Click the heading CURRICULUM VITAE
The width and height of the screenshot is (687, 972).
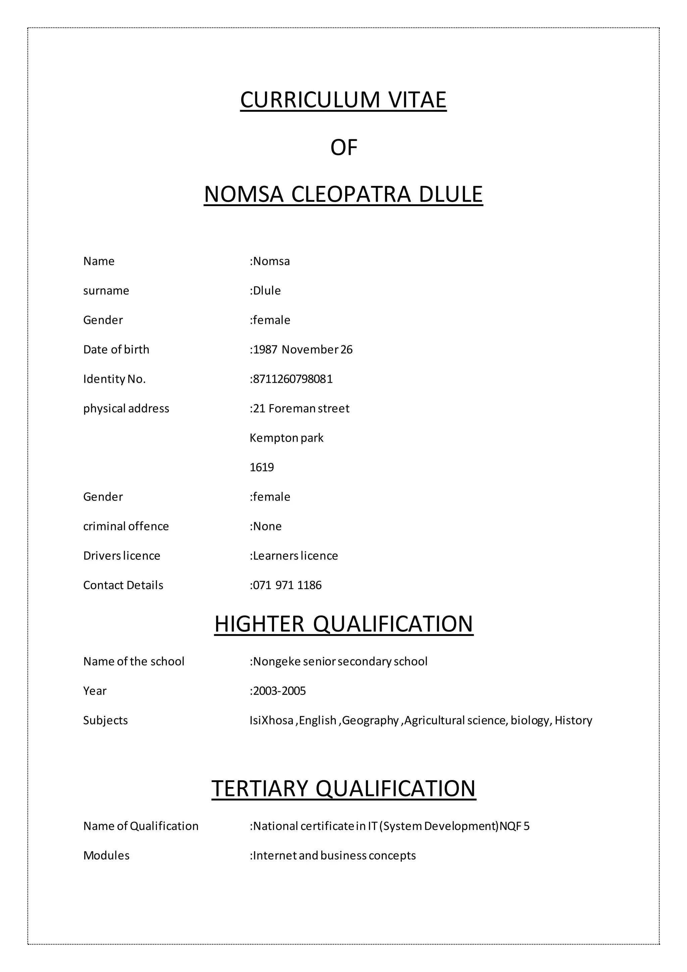(x=343, y=100)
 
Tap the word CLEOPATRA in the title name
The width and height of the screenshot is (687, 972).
(x=351, y=194)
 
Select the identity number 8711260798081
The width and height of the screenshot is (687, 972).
(x=293, y=379)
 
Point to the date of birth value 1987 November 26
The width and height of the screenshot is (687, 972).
(x=303, y=350)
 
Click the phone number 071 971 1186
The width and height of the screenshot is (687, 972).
(x=287, y=585)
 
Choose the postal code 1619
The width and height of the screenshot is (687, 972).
(x=262, y=468)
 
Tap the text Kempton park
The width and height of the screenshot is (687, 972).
(x=286, y=438)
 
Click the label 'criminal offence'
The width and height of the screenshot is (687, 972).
(x=126, y=526)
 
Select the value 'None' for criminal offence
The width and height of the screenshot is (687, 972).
(x=267, y=526)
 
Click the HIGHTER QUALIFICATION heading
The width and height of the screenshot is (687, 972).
(x=343, y=624)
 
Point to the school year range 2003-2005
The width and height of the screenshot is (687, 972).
(x=279, y=691)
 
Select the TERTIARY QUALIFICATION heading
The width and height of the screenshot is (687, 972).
(x=343, y=788)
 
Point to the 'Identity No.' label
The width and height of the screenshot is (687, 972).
(x=114, y=379)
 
